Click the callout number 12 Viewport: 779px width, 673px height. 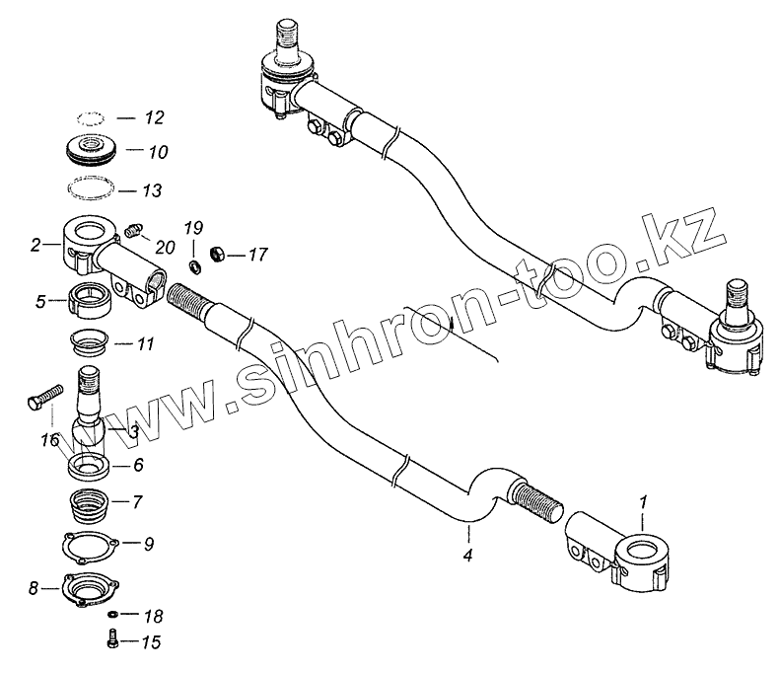coord(154,117)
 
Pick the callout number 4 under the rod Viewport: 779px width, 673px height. coord(467,557)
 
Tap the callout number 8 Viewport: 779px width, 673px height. coord(34,589)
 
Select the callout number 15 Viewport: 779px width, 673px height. coord(152,644)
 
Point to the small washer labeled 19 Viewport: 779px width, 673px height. coord(193,265)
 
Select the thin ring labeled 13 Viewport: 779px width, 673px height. coord(94,187)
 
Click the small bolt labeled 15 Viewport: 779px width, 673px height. coord(111,642)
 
